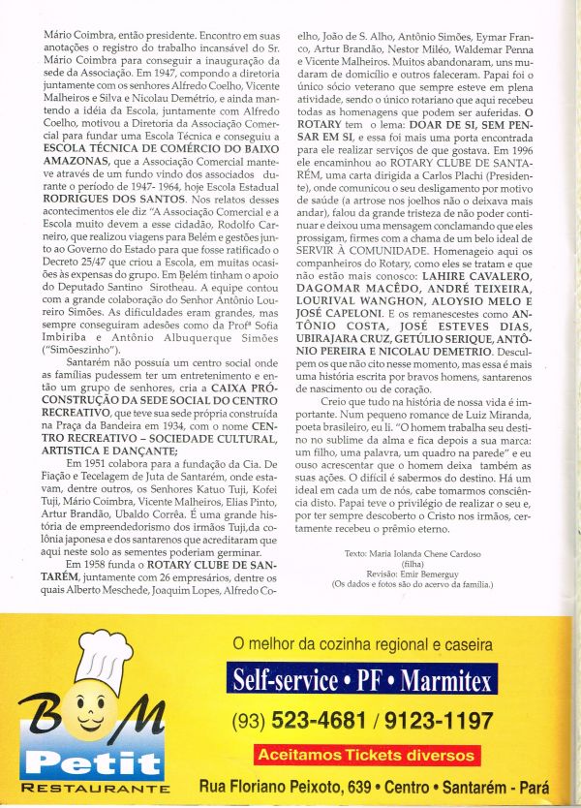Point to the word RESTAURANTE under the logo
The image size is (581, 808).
coord(95,790)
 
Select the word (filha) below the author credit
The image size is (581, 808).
coord(413,562)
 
